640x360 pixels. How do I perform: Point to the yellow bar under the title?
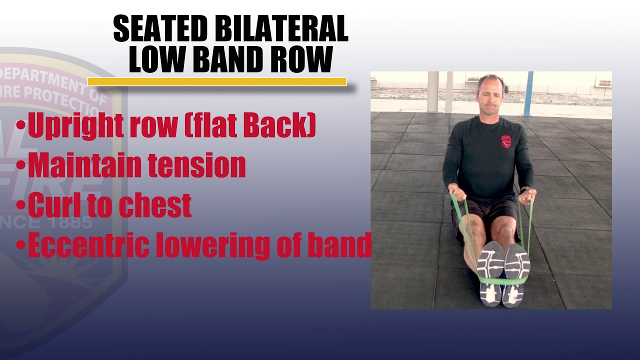tap(216, 81)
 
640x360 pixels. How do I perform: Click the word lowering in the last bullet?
tap(224, 245)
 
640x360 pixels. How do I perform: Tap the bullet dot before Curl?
tap(20, 205)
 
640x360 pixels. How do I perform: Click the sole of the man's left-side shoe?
tap(490, 272)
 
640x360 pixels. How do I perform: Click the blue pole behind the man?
tap(528, 93)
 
